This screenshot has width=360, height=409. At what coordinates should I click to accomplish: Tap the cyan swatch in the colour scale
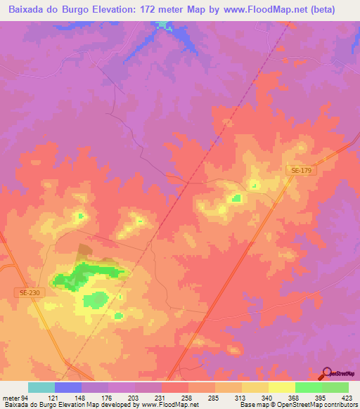click(41, 387)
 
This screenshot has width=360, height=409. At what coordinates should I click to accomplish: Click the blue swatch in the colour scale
click(68, 387)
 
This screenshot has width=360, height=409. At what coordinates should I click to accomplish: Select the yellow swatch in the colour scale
click(282, 387)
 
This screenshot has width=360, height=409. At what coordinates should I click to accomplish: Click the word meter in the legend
click(9, 397)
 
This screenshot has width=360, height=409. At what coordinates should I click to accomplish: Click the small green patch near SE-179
click(237, 198)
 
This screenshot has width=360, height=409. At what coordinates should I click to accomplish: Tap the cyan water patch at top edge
click(164, 26)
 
